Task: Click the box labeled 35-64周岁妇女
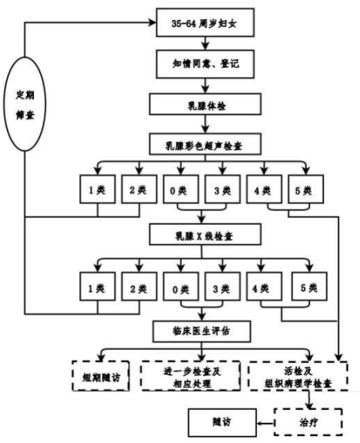[x=205, y=22]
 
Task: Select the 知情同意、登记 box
[x=205, y=64]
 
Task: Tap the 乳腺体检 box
[x=205, y=104]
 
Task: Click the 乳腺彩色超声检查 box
[x=205, y=144]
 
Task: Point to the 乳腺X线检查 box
[x=205, y=234]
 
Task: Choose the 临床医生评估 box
[x=202, y=331]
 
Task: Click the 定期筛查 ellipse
[x=25, y=104]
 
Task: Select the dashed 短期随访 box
[x=101, y=375]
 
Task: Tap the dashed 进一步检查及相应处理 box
[x=190, y=375]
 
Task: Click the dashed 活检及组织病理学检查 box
[x=298, y=375]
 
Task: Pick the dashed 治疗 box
[x=309, y=422]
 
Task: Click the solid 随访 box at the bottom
[x=222, y=422]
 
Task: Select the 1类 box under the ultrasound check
[x=97, y=190]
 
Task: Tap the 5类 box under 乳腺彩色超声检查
[x=306, y=190]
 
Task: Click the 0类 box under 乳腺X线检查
[x=180, y=286]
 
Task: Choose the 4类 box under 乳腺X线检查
[x=264, y=286]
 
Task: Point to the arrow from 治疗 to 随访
[x=266, y=423]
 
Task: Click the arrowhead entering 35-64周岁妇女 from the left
[x=153, y=22]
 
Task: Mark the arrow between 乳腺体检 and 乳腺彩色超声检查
[x=205, y=124]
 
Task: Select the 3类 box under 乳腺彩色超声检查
[x=223, y=190]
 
